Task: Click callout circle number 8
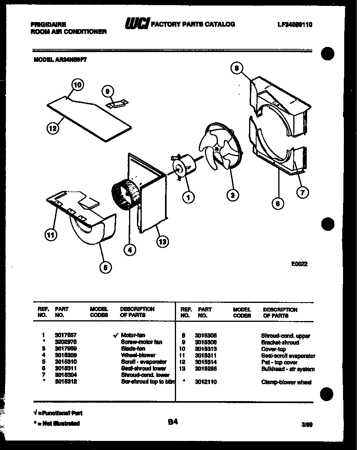click(236, 68)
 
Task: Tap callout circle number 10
click(78, 84)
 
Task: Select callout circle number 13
click(161, 242)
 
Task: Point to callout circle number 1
click(189, 197)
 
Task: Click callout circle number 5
click(105, 267)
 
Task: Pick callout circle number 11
click(51, 235)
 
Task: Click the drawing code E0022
click(299, 264)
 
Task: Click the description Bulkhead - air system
click(288, 369)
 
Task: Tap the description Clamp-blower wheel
click(286, 382)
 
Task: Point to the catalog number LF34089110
click(295, 24)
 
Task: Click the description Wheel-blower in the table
click(138, 355)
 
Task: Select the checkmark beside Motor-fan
click(116, 336)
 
